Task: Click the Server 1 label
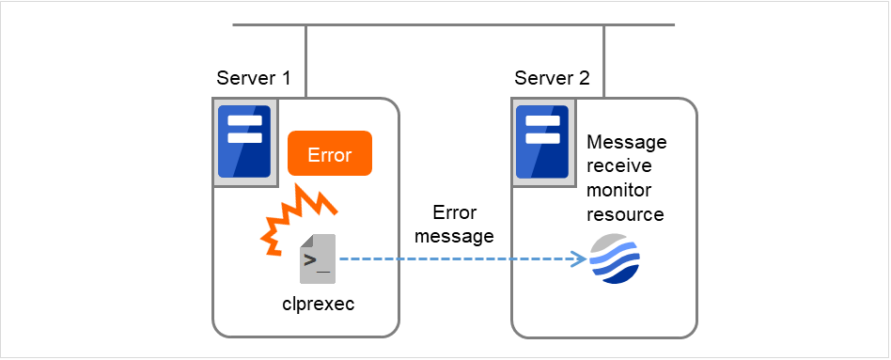[x=253, y=78]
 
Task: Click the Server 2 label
[x=552, y=78]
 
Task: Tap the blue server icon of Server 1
[x=244, y=142]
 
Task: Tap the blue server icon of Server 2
[x=543, y=142]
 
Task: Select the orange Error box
[x=330, y=154]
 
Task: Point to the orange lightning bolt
[x=296, y=220]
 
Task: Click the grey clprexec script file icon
[x=317, y=258]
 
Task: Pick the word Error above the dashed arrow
[x=455, y=212]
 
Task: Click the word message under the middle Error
[x=455, y=236]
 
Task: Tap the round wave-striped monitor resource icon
[x=615, y=258]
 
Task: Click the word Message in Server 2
[x=626, y=142]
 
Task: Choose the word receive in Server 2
[x=617, y=166]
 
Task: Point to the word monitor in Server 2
[x=619, y=191]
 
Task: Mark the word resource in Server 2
[x=624, y=215]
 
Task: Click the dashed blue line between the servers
[x=451, y=258]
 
